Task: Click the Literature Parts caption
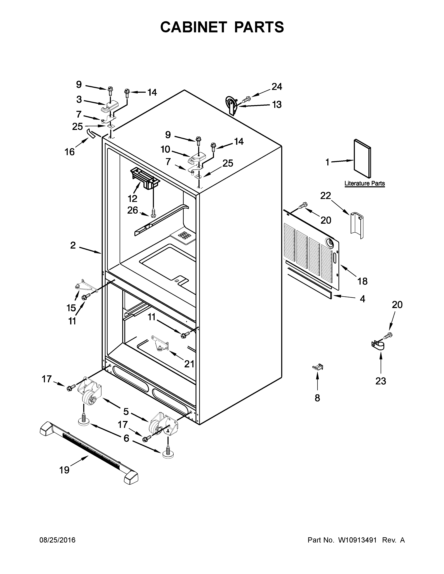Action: (x=365, y=184)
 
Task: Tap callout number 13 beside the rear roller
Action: (x=276, y=105)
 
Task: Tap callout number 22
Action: (x=325, y=196)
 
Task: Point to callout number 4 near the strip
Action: (x=363, y=299)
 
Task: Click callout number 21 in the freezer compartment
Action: (x=189, y=364)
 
